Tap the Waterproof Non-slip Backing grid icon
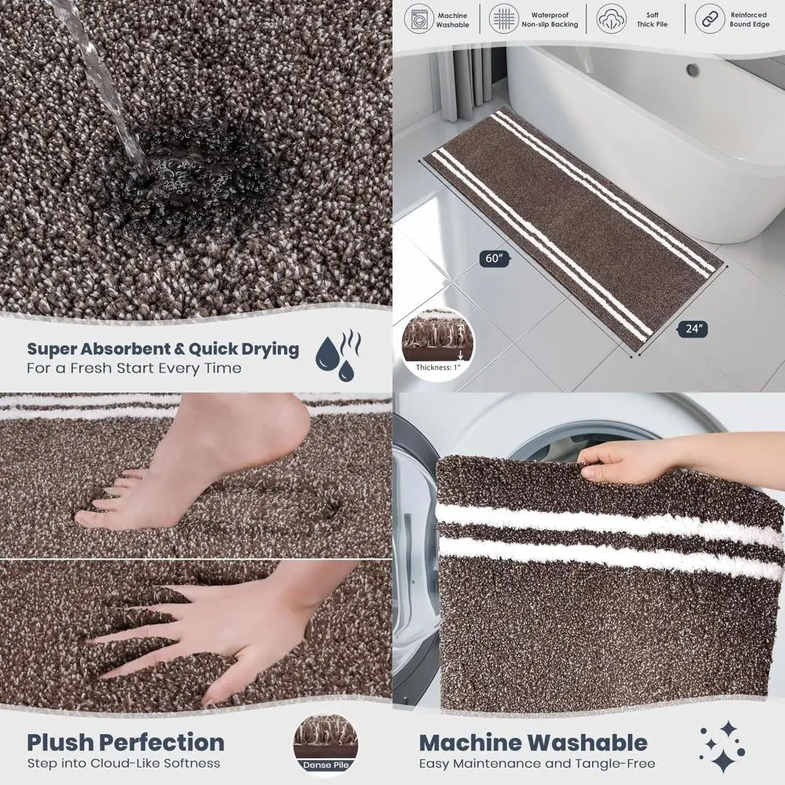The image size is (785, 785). (x=504, y=18)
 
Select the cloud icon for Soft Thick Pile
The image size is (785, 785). (x=612, y=18)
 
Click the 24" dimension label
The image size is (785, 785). (x=693, y=329)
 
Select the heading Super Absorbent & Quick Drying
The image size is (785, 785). (x=163, y=349)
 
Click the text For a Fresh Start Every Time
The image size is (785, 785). (x=134, y=368)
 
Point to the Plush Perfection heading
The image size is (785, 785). (x=126, y=742)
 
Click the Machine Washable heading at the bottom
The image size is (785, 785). (x=533, y=742)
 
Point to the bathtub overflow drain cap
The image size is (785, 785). (x=692, y=70)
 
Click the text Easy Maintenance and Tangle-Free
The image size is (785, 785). (x=537, y=763)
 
